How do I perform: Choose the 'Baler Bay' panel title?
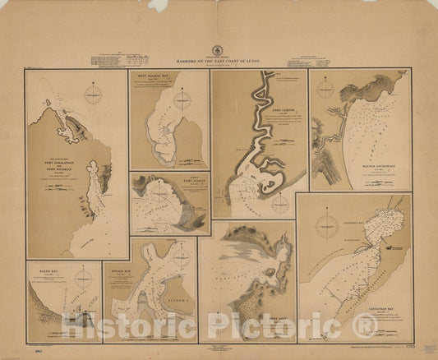tap(41, 266)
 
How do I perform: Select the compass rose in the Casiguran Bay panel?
tap(330, 222)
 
